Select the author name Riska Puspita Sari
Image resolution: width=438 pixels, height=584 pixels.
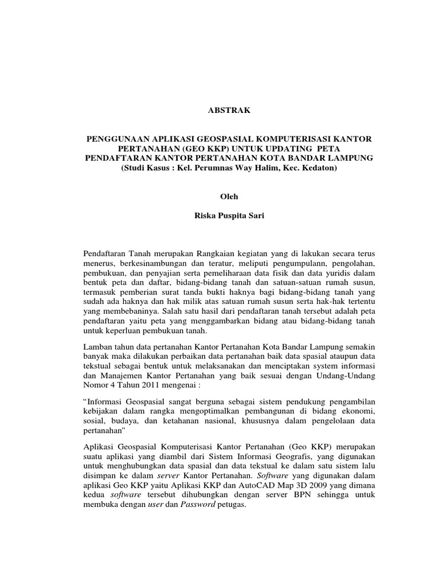click(218, 217)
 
